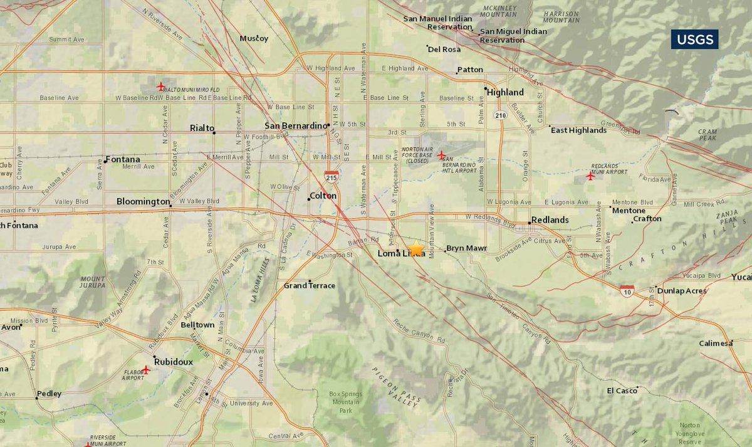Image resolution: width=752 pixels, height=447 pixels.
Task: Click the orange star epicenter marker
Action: pyautogui.click(x=416, y=249)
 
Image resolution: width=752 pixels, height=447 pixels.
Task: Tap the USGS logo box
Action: pyautogui.click(x=695, y=39)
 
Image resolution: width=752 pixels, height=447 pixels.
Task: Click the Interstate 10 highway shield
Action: pyautogui.click(x=627, y=290)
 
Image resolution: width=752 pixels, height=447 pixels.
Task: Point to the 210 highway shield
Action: pyautogui.click(x=499, y=115)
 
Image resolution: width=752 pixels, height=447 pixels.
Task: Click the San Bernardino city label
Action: pyautogui.click(x=296, y=125)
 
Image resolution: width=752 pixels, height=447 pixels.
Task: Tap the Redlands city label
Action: pyautogui.click(x=550, y=220)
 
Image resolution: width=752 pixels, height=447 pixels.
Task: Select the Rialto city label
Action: pyautogui.click(x=202, y=128)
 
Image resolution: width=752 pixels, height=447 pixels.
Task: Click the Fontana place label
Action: pyautogui.click(x=122, y=159)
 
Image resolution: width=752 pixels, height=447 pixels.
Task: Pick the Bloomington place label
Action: pyautogui.click(x=142, y=201)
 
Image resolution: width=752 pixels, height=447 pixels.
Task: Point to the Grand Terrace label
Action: pyautogui.click(x=310, y=285)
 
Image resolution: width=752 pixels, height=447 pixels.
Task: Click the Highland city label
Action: pyautogui.click(x=505, y=92)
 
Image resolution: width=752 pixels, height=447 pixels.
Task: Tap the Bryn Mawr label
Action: pyautogui.click(x=466, y=248)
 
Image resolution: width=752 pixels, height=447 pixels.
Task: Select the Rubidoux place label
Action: pyautogui.click(x=174, y=362)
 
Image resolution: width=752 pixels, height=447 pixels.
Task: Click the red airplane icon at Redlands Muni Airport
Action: pyautogui.click(x=590, y=176)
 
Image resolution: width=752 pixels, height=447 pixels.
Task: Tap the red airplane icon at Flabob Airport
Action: pyautogui.click(x=146, y=370)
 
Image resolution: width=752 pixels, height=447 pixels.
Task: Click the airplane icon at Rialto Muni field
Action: pyautogui.click(x=161, y=86)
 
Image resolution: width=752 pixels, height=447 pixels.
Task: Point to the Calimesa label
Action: pyautogui.click(x=716, y=343)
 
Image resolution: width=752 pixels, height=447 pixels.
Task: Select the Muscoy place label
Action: pyautogui.click(x=254, y=38)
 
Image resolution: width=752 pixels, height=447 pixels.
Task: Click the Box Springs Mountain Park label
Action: pyautogui.click(x=346, y=402)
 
